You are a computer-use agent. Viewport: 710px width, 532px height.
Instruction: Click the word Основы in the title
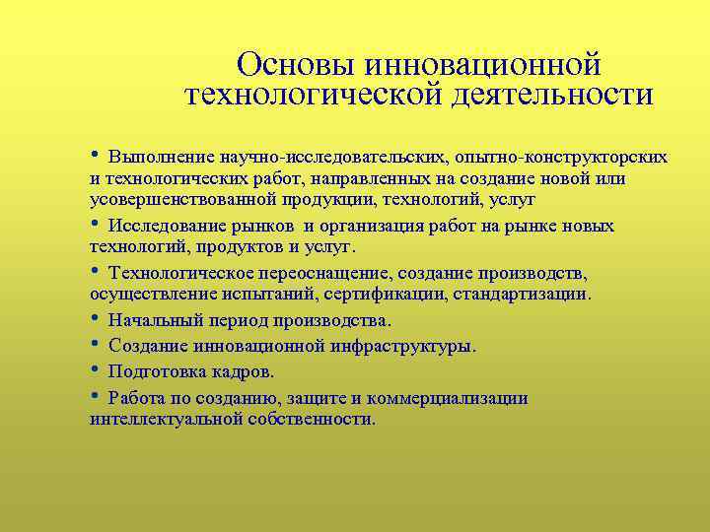[298, 65]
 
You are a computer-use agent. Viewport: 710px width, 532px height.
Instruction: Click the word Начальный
[154, 320]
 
